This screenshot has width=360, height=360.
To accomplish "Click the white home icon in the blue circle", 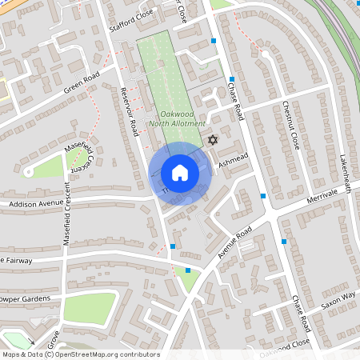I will click(x=180, y=173).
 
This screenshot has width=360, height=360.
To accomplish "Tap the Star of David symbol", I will click(x=213, y=140).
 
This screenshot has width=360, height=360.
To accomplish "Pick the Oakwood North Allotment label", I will click(x=178, y=119).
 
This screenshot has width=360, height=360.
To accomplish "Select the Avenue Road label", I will click(x=234, y=242).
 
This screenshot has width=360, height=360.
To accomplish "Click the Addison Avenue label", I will click(x=34, y=204).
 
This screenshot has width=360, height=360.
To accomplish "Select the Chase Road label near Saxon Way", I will click(x=301, y=314).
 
